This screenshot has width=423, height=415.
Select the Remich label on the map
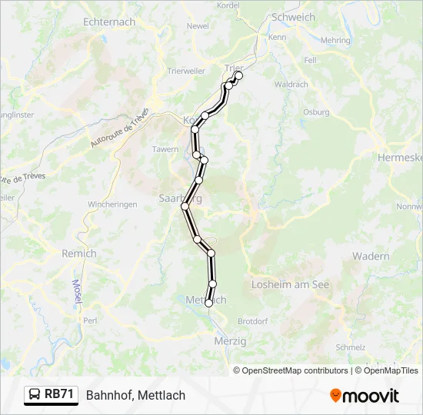point(79,253)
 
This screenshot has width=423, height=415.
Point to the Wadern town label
point(370,256)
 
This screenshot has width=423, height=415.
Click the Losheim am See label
point(290,284)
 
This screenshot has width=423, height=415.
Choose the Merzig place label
point(231,340)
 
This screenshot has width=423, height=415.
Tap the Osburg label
point(316,111)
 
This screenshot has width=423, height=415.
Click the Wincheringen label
point(112,204)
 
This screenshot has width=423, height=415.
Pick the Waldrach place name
point(291,85)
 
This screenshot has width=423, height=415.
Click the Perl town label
point(90,320)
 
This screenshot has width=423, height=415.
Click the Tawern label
point(165,149)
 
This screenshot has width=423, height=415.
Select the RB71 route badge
point(52,395)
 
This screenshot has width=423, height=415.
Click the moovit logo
point(365,396)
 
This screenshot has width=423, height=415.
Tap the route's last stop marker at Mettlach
point(208,304)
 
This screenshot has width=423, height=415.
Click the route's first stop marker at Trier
point(238,75)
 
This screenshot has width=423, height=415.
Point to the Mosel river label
point(77,290)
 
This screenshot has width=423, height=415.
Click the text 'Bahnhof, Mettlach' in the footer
point(135,395)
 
